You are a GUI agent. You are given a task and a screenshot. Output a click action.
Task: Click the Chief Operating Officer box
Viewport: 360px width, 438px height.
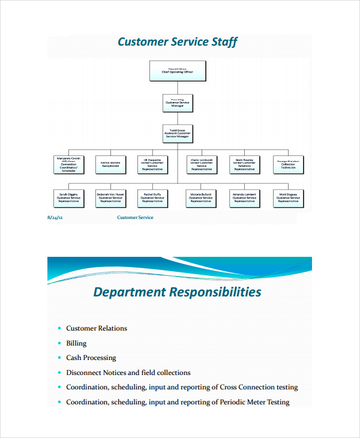pyautogui.click(x=177, y=71)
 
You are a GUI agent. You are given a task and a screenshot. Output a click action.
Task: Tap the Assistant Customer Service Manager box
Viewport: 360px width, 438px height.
pyautogui.click(x=177, y=134)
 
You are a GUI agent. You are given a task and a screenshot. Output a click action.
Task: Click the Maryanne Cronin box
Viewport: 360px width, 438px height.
pyautogui.click(x=68, y=164)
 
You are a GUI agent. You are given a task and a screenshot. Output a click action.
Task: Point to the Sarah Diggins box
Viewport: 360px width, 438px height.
pyautogui.click(x=68, y=198)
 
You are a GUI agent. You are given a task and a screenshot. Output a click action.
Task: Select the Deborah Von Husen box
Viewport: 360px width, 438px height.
pyautogui.click(x=110, y=198)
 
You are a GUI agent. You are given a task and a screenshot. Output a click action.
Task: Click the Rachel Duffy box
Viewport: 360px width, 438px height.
pyautogui.click(x=152, y=198)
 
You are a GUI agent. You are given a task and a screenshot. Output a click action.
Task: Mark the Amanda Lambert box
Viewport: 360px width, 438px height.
pyautogui.click(x=245, y=198)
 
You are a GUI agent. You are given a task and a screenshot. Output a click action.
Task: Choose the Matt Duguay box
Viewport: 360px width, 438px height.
pyautogui.click(x=287, y=198)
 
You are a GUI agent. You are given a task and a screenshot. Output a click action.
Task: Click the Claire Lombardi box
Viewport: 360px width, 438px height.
pyautogui.click(x=202, y=164)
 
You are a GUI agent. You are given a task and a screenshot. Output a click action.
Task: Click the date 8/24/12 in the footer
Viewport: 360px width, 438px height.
pyautogui.click(x=55, y=218)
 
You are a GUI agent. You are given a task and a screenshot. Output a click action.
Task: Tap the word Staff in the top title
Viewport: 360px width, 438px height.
pyautogui.click(x=224, y=42)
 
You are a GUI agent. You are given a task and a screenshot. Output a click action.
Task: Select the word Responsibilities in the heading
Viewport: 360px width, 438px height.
pyautogui.click(x=215, y=292)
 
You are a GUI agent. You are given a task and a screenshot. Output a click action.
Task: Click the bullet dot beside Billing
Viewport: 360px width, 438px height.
pyautogui.click(x=59, y=343)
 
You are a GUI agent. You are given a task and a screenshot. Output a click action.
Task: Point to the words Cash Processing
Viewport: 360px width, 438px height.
pyautogui.click(x=91, y=358)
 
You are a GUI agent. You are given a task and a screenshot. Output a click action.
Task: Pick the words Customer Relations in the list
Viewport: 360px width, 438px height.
pyautogui.click(x=96, y=328)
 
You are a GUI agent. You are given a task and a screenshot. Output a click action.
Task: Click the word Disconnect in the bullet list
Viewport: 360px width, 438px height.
pyautogui.click(x=83, y=373)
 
